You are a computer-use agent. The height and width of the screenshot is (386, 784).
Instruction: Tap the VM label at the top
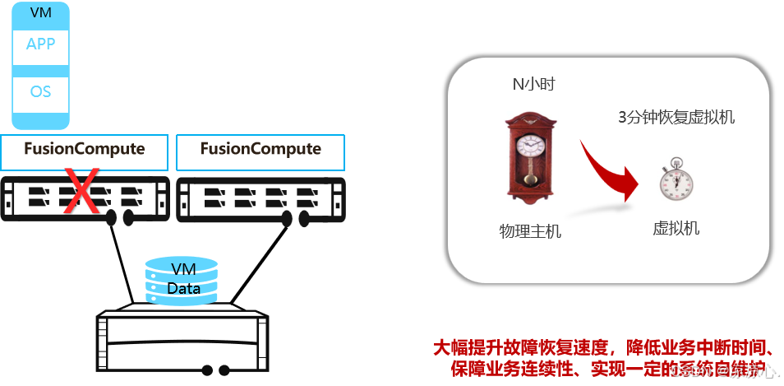pos(40,13)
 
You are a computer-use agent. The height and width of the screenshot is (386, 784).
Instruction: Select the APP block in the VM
pos(40,44)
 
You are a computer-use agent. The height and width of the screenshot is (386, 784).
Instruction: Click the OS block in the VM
pos(40,91)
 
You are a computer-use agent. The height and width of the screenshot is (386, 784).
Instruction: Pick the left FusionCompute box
pos(85,150)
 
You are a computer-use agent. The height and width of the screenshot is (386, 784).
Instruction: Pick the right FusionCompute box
pos(261,150)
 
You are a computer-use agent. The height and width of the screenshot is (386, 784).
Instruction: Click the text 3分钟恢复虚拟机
pos(676,117)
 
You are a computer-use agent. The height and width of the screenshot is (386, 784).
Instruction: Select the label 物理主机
pos(530,231)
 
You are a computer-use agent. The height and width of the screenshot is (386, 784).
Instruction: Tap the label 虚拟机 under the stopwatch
pos(676,228)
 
